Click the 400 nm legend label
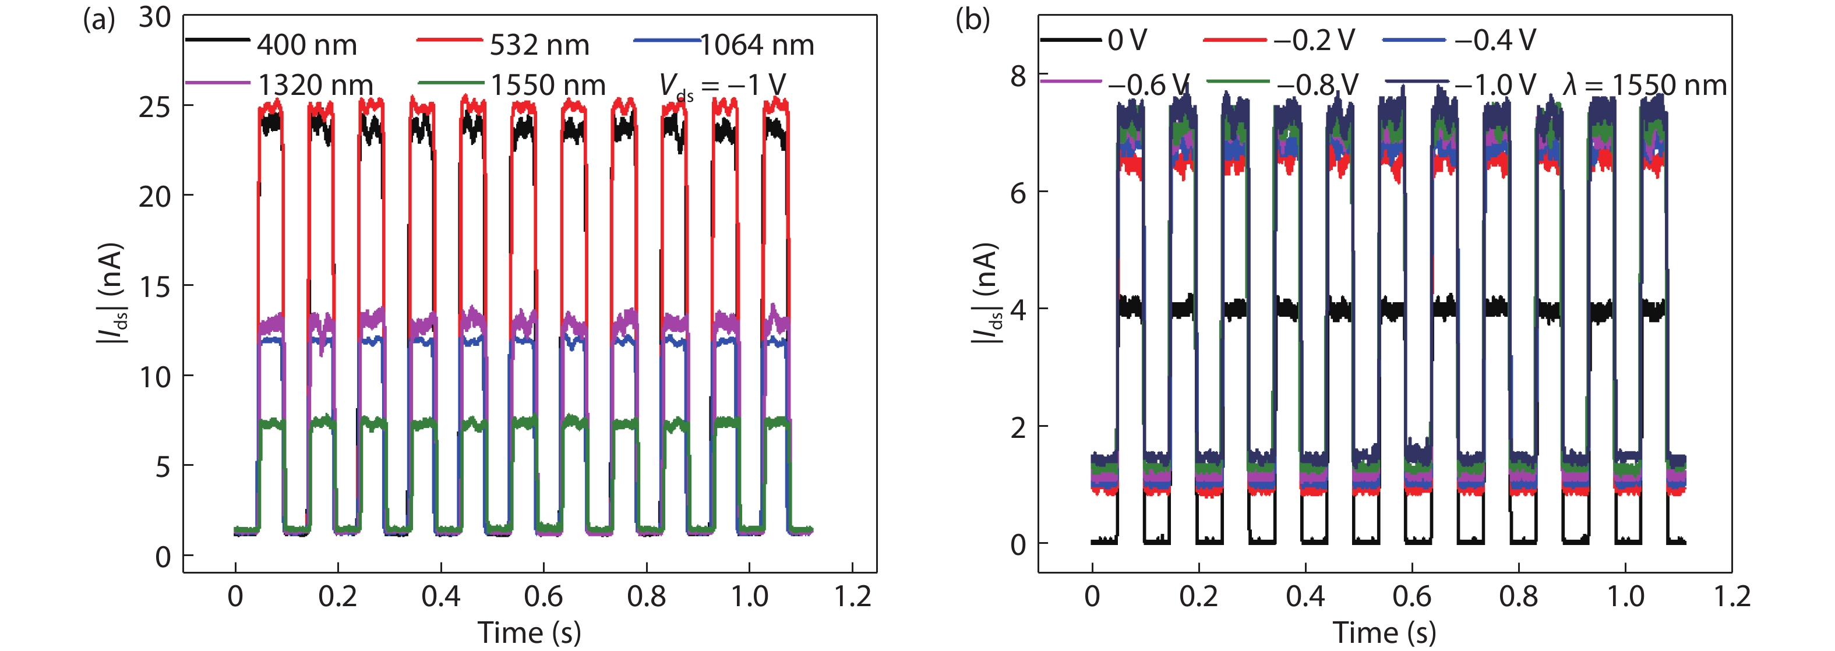[x=307, y=45]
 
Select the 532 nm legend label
[x=539, y=45]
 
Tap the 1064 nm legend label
[x=757, y=45]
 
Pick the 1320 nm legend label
[x=315, y=86]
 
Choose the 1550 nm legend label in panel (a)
[x=548, y=86]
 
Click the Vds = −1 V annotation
[x=722, y=86]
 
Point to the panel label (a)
[x=98, y=19]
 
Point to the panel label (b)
[x=972, y=19]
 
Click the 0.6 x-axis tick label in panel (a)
[x=544, y=596]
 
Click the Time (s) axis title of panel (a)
[x=530, y=632]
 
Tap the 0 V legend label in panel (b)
[x=1127, y=41]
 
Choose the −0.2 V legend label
[x=1314, y=41]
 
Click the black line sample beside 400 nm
[x=217, y=40]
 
